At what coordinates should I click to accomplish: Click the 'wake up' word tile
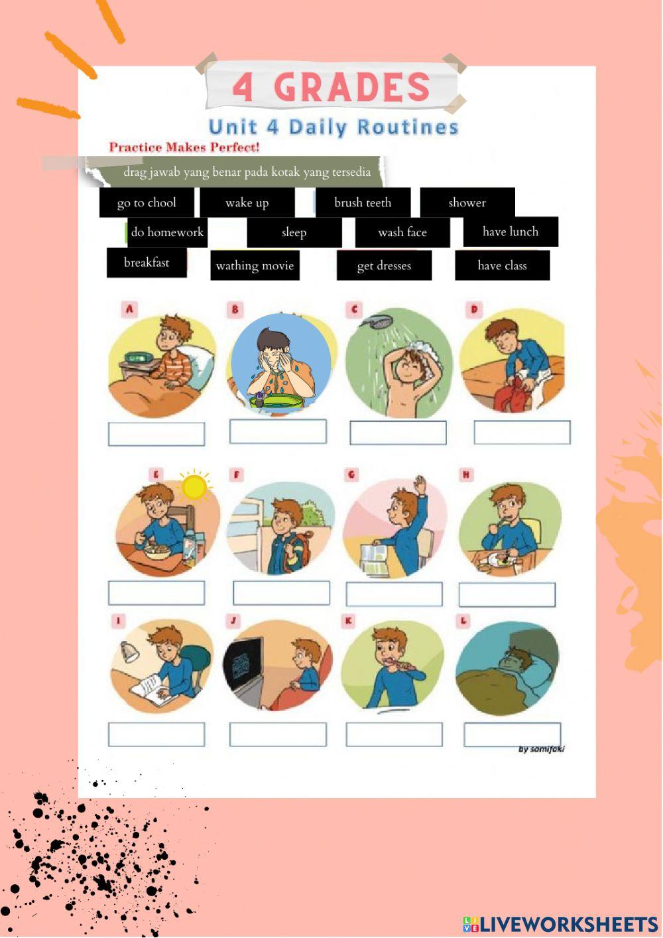coord(247,202)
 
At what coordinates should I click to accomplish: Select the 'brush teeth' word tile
coord(363,202)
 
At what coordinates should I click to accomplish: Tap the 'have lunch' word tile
coord(511,232)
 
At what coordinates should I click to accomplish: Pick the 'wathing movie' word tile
coord(255,265)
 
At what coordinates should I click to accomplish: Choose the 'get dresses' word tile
coord(384,265)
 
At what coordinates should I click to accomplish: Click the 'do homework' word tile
coord(167,232)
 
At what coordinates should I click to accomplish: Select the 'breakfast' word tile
coord(147,262)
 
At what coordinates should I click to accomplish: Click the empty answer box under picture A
coord(156,435)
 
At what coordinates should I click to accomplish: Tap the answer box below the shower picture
coord(398,433)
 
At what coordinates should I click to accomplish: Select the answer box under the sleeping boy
coord(512,734)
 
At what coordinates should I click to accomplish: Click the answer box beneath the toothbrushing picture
coord(394,734)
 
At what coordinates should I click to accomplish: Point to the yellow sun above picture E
coord(194,487)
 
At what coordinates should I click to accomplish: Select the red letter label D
coord(474,309)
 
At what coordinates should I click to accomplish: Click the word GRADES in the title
coord(352,87)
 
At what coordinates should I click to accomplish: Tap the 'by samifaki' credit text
coord(541,749)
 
